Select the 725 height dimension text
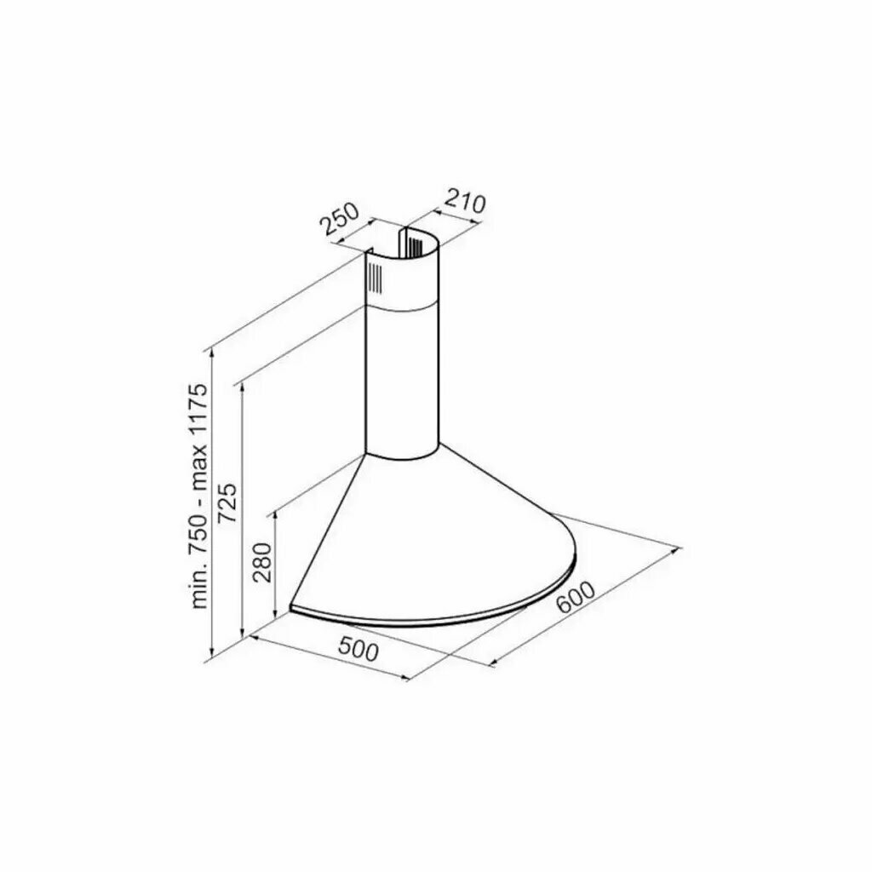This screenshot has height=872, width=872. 227,503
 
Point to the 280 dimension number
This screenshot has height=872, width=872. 261,562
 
